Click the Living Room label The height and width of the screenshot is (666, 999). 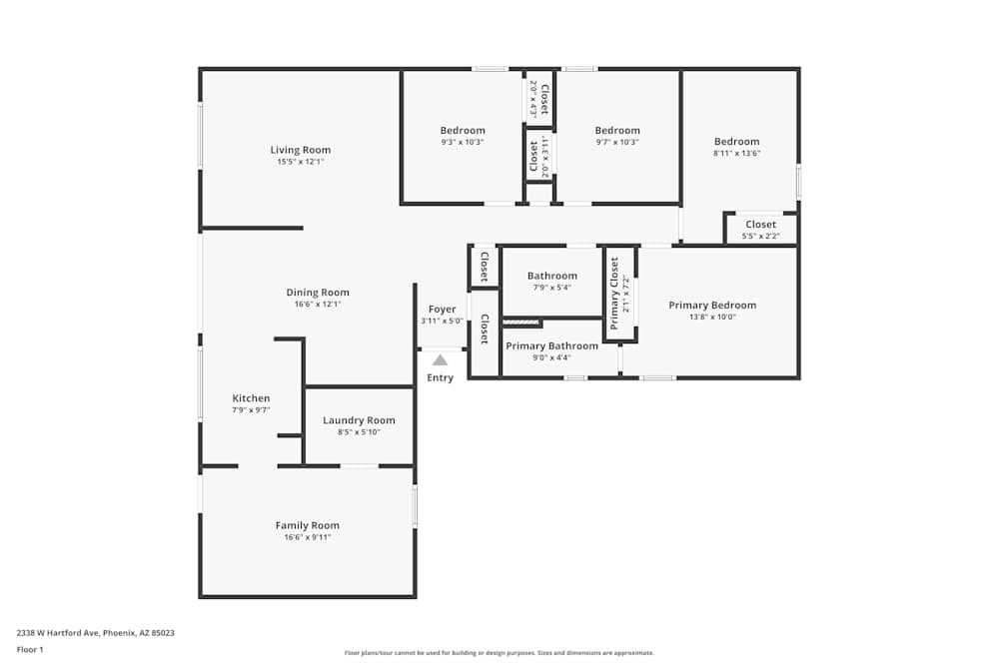pos(300,150)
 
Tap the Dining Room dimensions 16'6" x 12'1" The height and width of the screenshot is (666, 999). pos(318,305)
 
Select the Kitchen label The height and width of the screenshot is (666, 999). pos(251,398)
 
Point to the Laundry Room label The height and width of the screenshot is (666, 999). pos(359,420)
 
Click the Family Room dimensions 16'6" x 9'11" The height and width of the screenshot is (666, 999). pos(307,537)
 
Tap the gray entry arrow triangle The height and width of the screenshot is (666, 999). pos(440,360)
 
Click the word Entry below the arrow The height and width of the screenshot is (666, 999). pos(440,377)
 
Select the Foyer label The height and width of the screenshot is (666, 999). pos(442,310)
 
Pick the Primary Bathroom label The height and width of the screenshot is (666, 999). pos(551,346)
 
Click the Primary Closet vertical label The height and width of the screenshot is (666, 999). pos(614,293)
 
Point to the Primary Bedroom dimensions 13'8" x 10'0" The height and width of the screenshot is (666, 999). pos(712,318)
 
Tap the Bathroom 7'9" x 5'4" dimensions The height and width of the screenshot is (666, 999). pos(551,288)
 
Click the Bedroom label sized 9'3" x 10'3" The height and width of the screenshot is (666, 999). pos(463,131)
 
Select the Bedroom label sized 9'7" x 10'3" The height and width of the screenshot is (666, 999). pos(617,131)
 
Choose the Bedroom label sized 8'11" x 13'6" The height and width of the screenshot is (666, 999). pos(736,142)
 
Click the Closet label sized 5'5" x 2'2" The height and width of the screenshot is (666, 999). pos(760,225)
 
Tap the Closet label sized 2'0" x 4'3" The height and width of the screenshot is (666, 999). pos(544,99)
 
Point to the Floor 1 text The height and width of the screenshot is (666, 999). pos(30,650)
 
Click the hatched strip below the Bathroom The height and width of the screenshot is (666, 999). pos(521,323)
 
